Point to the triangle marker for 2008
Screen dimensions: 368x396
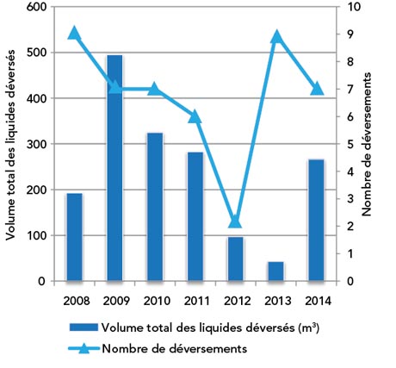pos(74,34)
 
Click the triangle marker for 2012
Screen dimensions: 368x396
pos(235,221)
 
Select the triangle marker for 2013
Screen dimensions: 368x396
pos(275,37)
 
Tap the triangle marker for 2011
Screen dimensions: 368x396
pos(195,116)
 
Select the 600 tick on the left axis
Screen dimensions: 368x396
pos(37,7)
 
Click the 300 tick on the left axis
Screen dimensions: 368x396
pos(37,144)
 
